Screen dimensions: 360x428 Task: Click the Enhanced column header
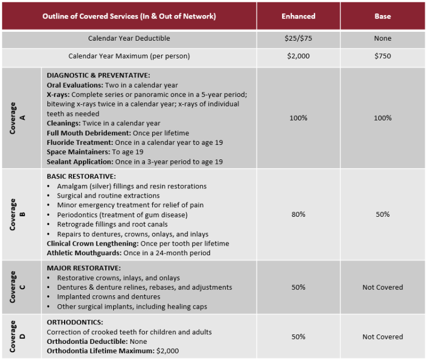pos(298,16)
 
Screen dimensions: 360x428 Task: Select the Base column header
pos(382,16)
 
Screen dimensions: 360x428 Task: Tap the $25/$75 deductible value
pos(298,38)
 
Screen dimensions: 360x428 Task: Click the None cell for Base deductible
pos(382,38)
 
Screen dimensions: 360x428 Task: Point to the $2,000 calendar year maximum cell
pos(298,56)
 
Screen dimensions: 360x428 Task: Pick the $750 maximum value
pos(382,56)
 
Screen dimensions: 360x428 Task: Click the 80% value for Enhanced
pos(298,215)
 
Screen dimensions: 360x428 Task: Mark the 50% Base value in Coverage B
pos(382,215)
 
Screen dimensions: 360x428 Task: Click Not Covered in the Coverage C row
pos(382,287)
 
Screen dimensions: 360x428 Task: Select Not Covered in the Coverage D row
pos(382,337)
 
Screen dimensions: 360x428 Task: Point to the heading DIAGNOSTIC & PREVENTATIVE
pos(98,75)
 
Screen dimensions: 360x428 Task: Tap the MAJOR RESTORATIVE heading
pos(84,268)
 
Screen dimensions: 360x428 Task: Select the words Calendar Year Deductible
pos(129,38)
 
